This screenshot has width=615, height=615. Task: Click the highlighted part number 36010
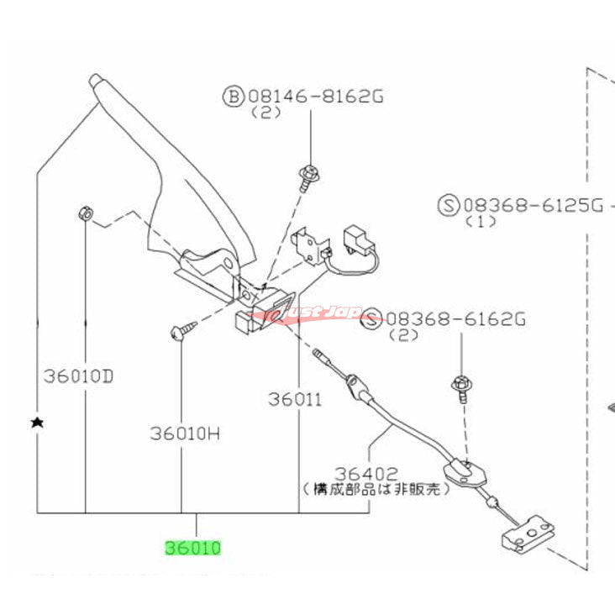(193, 549)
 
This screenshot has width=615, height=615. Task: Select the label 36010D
(77, 376)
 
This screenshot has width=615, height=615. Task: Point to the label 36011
(295, 400)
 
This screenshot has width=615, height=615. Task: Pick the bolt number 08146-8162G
(315, 97)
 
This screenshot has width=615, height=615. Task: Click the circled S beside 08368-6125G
(448, 204)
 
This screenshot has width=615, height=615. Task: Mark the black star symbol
(36, 422)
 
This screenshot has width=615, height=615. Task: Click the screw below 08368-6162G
(463, 386)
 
